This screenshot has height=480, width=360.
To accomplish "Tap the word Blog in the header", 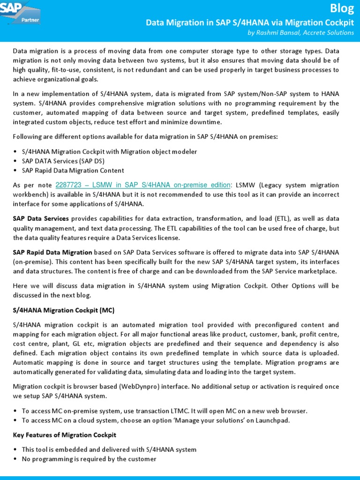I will point(342,8).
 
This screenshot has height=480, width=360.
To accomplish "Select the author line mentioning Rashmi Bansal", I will point(300,32).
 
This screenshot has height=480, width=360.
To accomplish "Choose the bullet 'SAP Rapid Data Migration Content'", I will point(73,170).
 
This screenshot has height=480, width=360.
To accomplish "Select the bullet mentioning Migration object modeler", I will point(109,152).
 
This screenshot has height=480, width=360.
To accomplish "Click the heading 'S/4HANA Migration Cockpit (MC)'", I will point(63,310).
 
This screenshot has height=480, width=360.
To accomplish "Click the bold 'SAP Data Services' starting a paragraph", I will point(41,219).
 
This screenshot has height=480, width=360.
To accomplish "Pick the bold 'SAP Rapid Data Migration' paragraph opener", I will point(52,252).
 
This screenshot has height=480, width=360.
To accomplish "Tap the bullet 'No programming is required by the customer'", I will point(89,459).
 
